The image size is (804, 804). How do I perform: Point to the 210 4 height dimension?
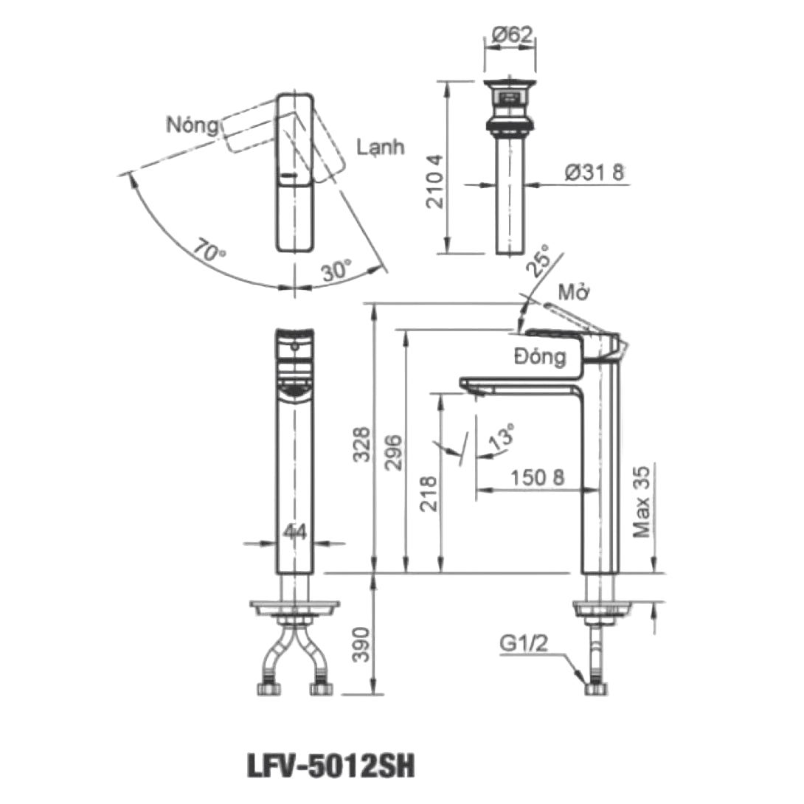(436, 181)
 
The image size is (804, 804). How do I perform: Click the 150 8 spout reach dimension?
(538, 477)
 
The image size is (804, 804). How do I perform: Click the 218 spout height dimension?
(429, 493)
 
